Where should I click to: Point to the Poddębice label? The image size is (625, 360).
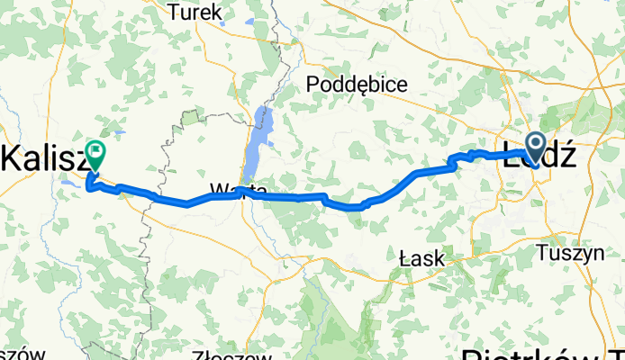tap(358, 85)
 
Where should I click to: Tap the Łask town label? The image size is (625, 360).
tap(422, 259)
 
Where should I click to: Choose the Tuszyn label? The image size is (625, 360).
tap(569, 254)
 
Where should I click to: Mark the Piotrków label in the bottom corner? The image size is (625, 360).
tap(540, 351)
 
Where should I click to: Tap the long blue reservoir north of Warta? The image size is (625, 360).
tap(259, 135)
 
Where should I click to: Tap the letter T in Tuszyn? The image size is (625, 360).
tap(543, 253)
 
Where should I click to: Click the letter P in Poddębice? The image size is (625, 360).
tap(312, 85)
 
